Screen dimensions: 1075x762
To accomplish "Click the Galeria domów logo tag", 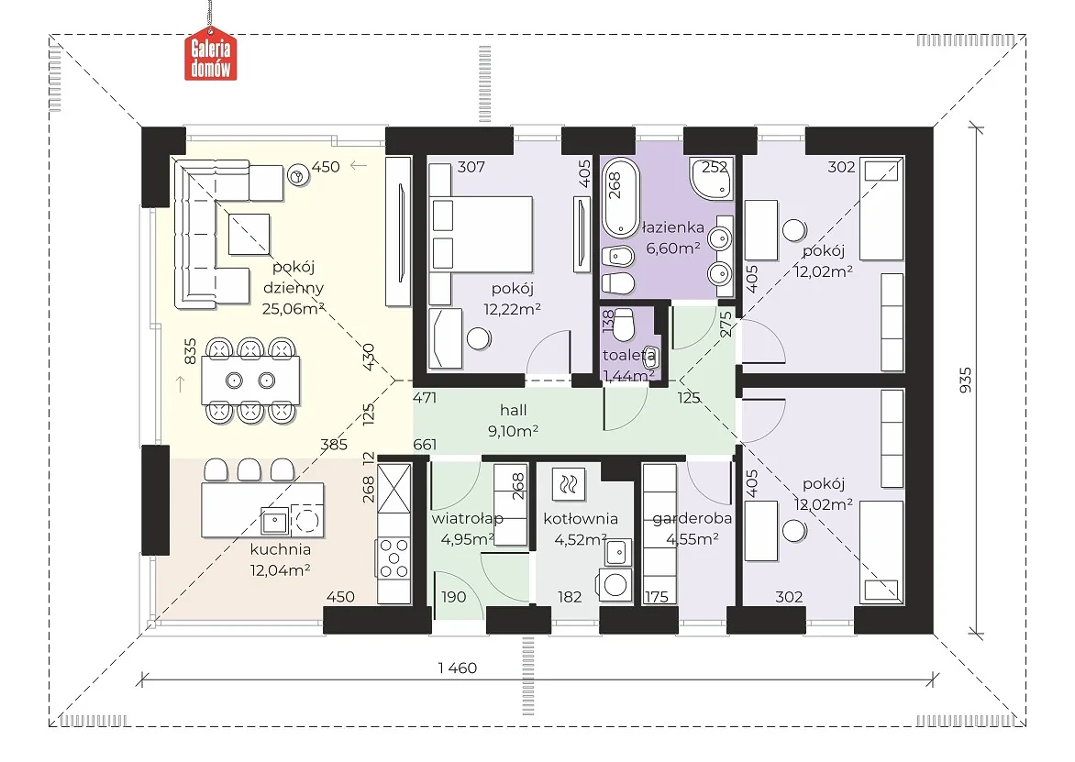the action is coord(210,53).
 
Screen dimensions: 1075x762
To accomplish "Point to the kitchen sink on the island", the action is coord(274,522).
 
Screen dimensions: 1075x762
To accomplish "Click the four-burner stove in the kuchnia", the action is coord(393,558).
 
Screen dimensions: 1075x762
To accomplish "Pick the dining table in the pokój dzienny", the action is coord(250,381).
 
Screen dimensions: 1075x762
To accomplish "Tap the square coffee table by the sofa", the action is coord(249,233).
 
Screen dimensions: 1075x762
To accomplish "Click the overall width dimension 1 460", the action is coord(458,668).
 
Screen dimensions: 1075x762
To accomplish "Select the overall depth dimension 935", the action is coord(965,380).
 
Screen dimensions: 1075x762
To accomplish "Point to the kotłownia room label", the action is coord(581,519).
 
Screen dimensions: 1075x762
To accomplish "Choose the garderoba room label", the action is coord(692,519).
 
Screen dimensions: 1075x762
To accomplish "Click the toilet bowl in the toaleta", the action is coord(623,326).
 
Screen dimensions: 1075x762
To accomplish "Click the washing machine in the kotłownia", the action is coord(615,584).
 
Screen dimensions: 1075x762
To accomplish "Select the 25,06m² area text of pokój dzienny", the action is coord(294,308).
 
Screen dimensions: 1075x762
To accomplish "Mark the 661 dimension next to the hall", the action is coord(425,445).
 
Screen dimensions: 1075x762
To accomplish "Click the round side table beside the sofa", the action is coord(298,176).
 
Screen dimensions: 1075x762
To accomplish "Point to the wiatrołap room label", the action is coord(467,519).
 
